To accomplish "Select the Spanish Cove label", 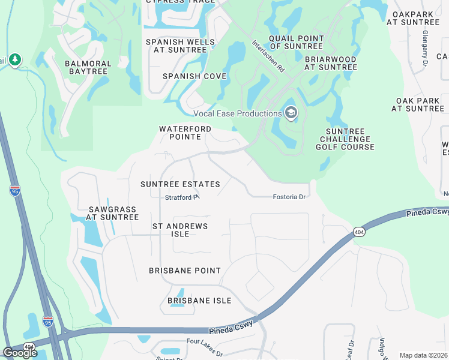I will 194,76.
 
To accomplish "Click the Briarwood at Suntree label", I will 330,64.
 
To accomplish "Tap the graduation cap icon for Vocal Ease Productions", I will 291,113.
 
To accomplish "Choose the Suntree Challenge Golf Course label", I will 349,139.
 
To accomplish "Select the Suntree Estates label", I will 180,184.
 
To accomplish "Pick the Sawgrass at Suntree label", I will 113,213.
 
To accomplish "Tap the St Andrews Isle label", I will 180,230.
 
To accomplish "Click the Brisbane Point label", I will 185,271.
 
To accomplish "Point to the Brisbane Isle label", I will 199,301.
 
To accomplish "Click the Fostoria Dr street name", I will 289,197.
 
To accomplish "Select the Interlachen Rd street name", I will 268,56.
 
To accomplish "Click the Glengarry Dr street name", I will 424,48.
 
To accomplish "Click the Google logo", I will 20,353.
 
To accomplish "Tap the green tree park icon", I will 15,61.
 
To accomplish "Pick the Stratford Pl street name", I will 182,197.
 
